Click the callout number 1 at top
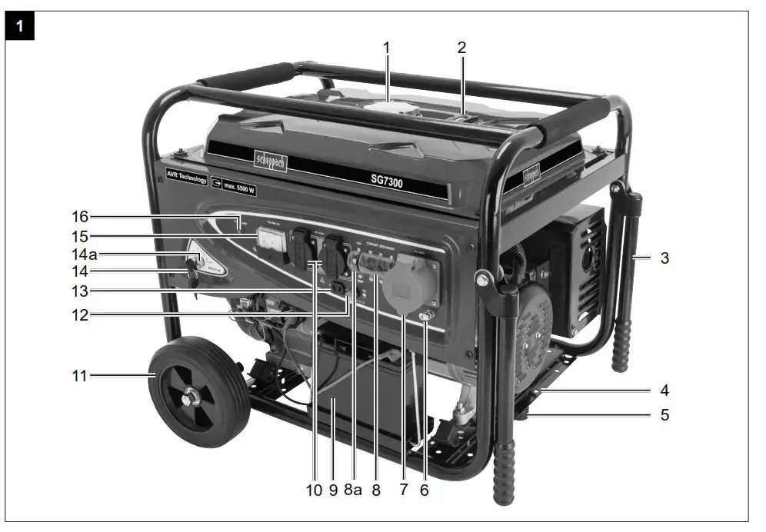click(x=387, y=48)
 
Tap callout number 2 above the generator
click(x=461, y=48)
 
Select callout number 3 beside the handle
click(x=664, y=258)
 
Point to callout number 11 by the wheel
click(x=79, y=376)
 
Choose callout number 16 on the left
click(x=79, y=218)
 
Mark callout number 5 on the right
click(x=664, y=415)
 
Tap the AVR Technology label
click(x=186, y=176)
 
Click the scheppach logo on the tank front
click(x=270, y=160)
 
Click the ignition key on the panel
click(x=190, y=269)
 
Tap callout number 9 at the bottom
click(x=333, y=489)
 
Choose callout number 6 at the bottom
click(x=424, y=489)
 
